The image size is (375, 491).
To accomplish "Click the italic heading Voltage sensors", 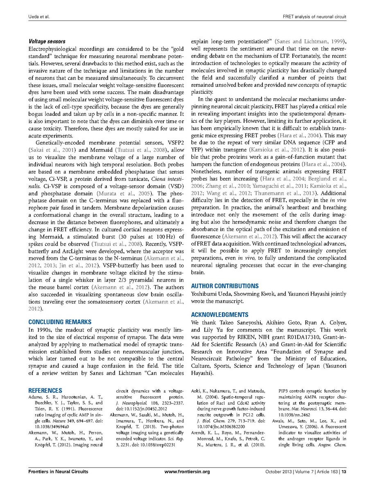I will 47,41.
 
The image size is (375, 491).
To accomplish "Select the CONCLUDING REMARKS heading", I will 60,322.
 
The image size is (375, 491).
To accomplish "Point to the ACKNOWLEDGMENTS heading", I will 219,315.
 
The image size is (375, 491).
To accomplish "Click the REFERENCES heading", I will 45,391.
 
